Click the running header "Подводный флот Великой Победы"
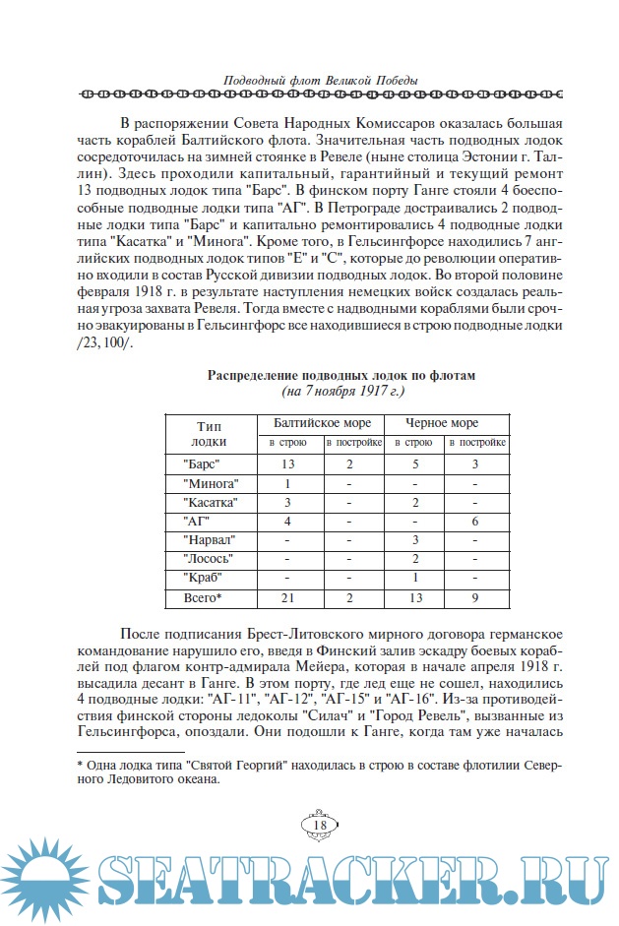pos(308,80)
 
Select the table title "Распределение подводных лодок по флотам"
pos(340,375)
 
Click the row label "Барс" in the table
pos(202,463)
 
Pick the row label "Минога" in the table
pos(212,483)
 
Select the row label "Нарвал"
pos(210,540)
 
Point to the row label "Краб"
pos(204,578)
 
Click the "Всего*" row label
pos(204,597)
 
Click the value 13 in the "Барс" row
pos(287,463)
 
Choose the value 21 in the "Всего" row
pos(287,597)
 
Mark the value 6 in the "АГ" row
pos(476,522)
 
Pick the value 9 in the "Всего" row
pos(476,597)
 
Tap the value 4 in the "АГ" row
pos(287,522)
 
